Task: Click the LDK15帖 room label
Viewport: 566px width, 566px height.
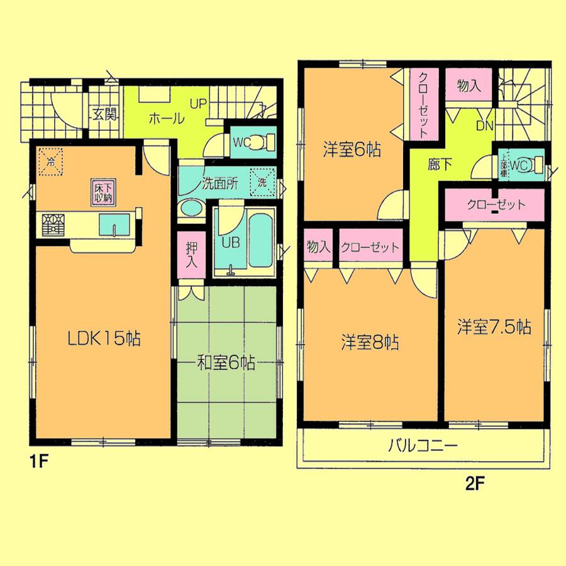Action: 104,339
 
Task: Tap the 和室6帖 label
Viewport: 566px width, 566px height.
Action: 226,363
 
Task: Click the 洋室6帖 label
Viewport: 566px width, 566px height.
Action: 353,151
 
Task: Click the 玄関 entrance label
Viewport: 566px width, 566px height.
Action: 104,114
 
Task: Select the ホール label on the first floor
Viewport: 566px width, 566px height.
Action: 167,118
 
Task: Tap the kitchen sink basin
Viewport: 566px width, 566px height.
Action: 114,223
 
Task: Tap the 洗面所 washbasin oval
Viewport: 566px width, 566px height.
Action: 190,208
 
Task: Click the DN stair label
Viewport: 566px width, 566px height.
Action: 484,126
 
